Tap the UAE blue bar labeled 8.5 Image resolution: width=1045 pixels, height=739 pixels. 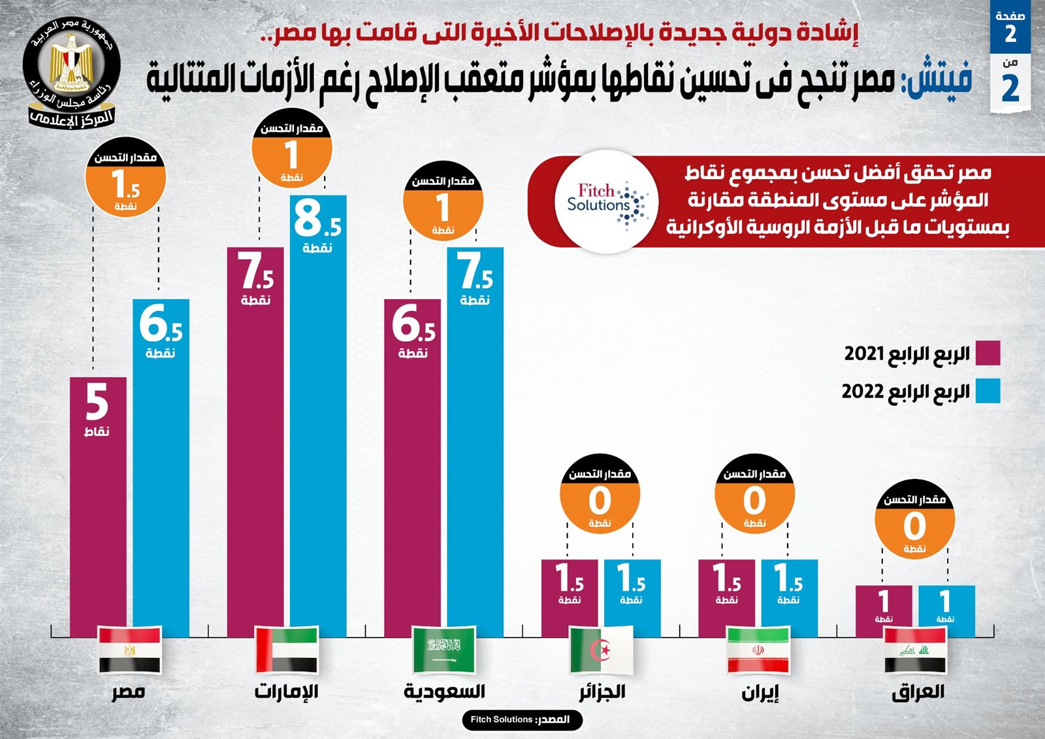[x=318, y=418]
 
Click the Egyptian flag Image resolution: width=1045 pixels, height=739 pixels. [x=129, y=649]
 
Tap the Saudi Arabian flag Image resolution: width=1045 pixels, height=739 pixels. [x=444, y=649]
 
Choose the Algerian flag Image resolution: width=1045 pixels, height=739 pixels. [x=601, y=649]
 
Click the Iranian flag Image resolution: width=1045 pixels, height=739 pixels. [x=758, y=649]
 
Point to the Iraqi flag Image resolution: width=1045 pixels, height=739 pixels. [x=914, y=649]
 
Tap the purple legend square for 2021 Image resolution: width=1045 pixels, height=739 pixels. [x=988, y=353]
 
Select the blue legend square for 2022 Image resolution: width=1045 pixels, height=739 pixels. [x=988, y=391]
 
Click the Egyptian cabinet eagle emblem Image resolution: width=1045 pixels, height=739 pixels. [x=72, y=65]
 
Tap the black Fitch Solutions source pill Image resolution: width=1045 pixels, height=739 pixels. [x=521, y=719]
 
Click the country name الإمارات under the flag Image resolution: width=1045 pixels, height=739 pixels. [x=286, y=691]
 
